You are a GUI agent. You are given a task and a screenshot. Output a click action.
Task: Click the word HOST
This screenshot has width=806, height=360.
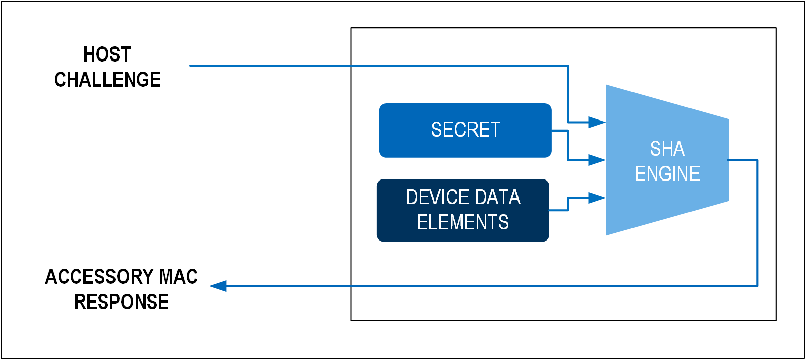click(107, 54)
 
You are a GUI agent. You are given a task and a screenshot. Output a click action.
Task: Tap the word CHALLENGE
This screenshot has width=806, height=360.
click(107, 80)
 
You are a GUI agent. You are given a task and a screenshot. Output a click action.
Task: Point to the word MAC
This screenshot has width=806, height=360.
click(178, 277)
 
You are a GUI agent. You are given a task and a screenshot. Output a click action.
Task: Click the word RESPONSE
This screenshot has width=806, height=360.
click(122, 302)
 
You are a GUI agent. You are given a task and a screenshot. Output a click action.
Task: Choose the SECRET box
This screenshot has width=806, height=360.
click(465, 131)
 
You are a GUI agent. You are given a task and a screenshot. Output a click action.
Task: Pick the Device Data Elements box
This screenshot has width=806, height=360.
click(463, 210)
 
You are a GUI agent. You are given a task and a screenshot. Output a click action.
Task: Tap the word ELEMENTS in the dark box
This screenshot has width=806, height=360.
click(463, 222)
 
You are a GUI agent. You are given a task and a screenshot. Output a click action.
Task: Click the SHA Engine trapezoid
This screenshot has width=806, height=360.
click(667, 160)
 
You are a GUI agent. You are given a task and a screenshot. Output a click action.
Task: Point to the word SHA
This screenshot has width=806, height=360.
click(667, 149)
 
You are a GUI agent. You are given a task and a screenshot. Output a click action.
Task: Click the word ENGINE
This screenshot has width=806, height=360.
click(667, 174)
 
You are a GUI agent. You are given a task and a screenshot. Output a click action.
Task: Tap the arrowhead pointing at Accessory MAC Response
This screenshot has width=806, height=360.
click(218, 286)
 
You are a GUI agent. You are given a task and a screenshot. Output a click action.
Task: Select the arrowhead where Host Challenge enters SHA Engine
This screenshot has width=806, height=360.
click(597, 123)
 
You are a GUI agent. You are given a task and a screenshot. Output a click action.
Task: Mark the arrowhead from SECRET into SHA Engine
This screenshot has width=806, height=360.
click(597, 160)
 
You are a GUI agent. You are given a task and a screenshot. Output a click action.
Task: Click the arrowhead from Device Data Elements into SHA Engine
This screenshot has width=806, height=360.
click(597, 198)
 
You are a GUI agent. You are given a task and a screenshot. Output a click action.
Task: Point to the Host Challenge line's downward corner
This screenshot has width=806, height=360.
click(568, 66)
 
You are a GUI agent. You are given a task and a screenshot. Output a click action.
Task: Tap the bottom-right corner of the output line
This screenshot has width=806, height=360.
click(758, 286)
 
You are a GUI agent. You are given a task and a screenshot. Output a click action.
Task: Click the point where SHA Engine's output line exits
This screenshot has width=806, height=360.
click(729, 160)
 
